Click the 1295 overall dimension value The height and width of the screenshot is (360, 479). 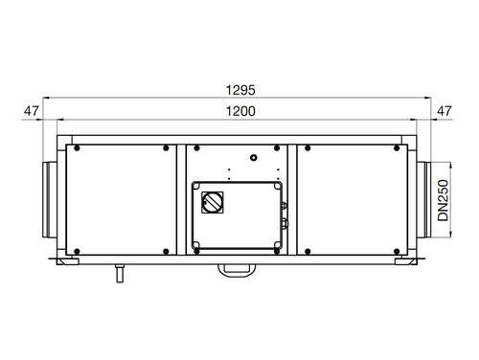click(240, 90)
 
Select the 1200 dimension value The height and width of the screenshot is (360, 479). click(240, 111)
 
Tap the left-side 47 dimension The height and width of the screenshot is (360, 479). click(32, 111)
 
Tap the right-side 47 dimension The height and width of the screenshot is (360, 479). click(445, 111)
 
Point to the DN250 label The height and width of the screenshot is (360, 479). click(444, 200)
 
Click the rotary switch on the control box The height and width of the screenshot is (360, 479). click(213, 202)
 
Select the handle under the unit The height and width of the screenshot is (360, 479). click(237, 270)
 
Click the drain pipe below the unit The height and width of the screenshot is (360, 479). click(120, 274)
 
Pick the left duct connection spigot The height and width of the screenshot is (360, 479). click(50, 200)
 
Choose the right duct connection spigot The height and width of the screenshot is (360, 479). click(423, 200)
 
